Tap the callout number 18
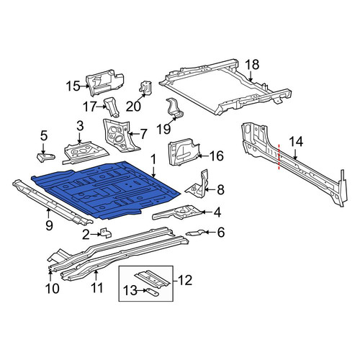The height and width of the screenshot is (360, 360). [252, 65]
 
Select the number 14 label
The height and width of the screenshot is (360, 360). [296, 142]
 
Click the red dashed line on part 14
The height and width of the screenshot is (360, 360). [279, 157]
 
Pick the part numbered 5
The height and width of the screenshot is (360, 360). [45, 158]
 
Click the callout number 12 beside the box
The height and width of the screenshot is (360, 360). [184, 280]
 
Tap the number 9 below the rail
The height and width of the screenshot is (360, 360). [49, 225]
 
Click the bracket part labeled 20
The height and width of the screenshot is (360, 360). [145, 88]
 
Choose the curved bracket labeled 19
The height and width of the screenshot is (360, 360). [175, 108]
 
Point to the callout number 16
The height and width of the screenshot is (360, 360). [216, 156]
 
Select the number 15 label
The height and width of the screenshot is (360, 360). [73, 86]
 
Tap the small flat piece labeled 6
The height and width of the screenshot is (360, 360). [196, 233]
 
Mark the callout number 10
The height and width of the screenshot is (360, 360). [52, 288]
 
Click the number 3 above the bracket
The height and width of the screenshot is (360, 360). [80, 126]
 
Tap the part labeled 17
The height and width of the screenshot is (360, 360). [112, 107]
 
